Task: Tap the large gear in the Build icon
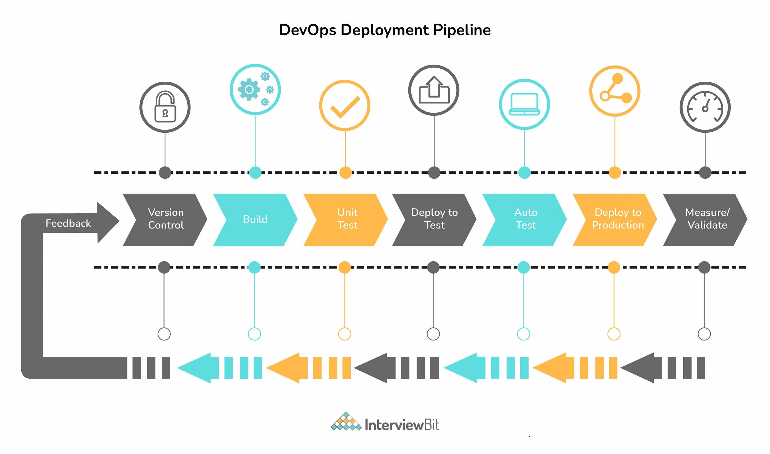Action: click(x=249, y=89)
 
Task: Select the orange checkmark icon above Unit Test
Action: click(x=345, y=107)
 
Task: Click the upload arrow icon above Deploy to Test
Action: click(x=434, y=90)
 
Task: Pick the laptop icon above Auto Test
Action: click(x=524, y=104)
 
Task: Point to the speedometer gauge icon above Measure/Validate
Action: click(x=705, y=107)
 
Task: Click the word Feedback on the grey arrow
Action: click(x=68, y=223)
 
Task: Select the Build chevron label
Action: click(x=255, y=219)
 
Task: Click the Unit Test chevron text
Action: click(x=347, y=219)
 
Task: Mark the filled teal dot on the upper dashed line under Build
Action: click(x=255, y=172)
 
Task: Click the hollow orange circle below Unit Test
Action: click(x=344, y=334)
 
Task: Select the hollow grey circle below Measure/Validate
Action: click(x=704, y=334)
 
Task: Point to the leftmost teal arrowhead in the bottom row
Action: click(x=196, y=368)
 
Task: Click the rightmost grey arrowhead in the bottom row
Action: click(x=639, y=368)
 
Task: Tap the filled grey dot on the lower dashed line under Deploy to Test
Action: click(x=433, y=267)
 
